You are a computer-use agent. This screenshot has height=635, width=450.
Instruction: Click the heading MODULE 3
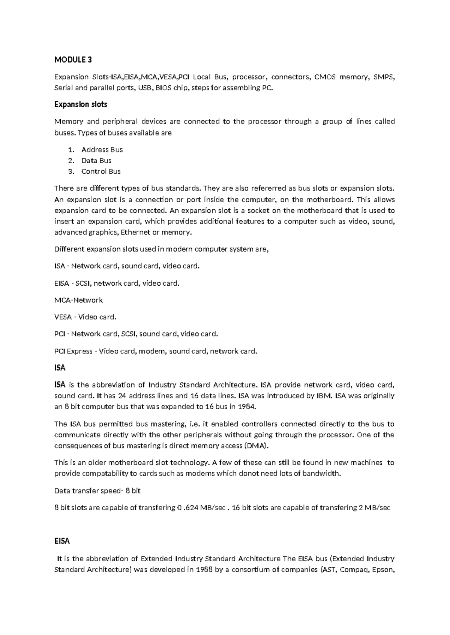click(73, 60)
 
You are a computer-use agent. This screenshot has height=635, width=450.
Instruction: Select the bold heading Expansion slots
click(81, 104)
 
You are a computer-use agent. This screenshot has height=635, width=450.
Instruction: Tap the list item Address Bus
click(102, 150)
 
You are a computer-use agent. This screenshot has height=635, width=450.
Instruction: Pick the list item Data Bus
click(96, 161)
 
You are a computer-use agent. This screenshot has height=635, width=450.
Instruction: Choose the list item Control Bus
click(101, 171)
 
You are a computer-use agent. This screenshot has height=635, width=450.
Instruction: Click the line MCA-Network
click(78, 300)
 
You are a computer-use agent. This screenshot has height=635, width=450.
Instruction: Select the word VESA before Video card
click(63, 317)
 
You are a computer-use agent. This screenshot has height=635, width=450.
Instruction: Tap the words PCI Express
click(73, 351)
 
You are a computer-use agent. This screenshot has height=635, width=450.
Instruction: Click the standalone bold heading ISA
click(60, 368)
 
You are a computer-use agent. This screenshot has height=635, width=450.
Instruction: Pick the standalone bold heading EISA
click(62, 541)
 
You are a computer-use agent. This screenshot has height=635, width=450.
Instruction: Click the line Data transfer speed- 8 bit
click(97, 491)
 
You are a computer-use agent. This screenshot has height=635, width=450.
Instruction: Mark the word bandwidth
click(322, 474)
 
